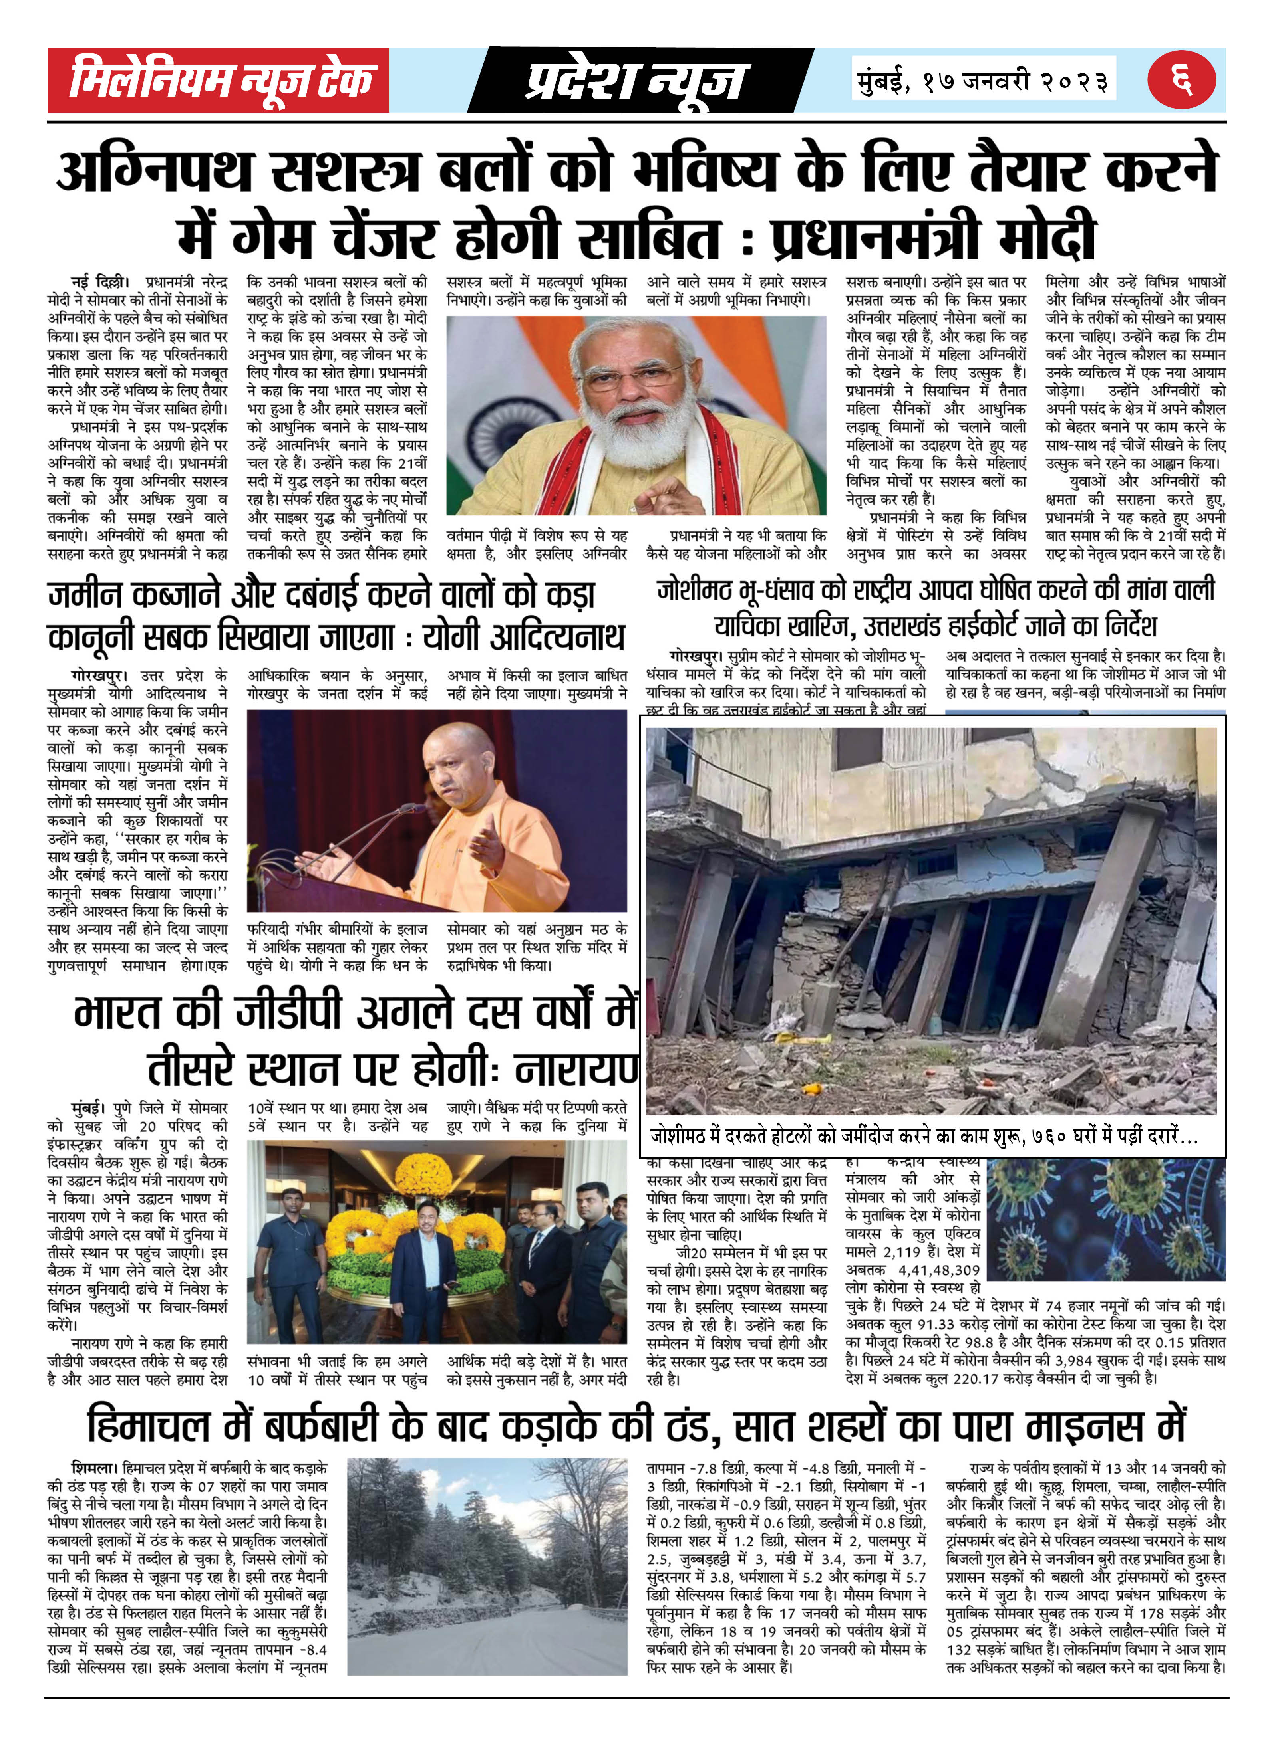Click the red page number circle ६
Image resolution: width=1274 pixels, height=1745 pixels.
tap(1181, 79)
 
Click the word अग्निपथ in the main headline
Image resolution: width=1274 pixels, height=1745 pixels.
tap(154, 171)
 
